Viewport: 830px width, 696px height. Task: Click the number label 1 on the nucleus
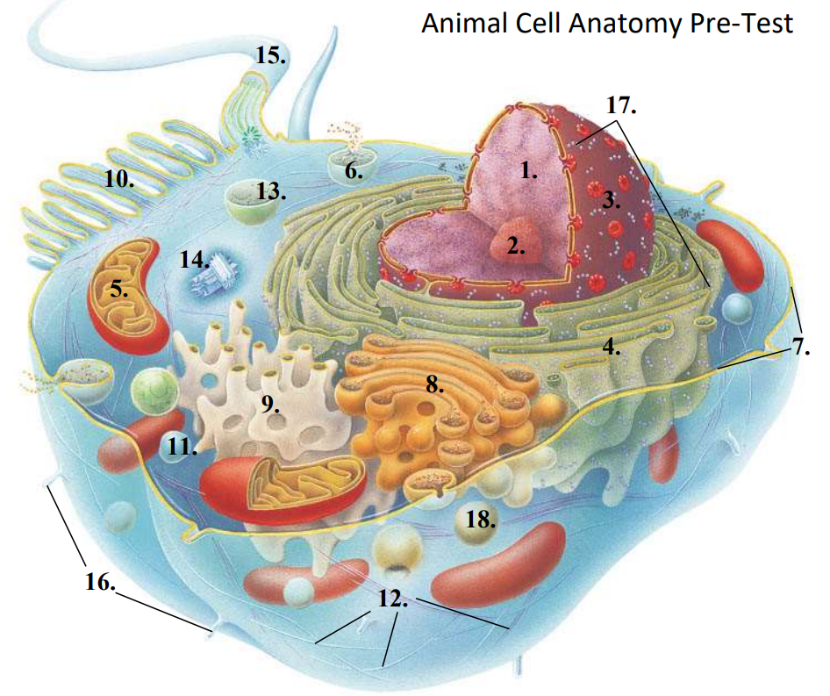click(529, 170)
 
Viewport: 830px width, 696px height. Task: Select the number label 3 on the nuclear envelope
click(611, 201)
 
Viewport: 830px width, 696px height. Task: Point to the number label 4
click(612, 347)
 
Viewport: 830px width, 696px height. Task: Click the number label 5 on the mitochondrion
click(119, 290)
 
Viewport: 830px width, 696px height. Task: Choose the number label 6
click(354, 171)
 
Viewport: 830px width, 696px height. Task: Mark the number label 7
click(801, 347)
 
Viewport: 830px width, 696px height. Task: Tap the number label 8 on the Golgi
click(434, 384)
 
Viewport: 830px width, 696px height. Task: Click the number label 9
click(270, 404)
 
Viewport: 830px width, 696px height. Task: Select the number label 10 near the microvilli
click(119, 180)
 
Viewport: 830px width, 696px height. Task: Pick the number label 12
click(393, 599)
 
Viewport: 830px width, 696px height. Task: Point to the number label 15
click(270, 55)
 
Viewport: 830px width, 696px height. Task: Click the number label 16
click(101, 582)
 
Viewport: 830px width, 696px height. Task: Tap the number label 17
click(621, 105)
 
